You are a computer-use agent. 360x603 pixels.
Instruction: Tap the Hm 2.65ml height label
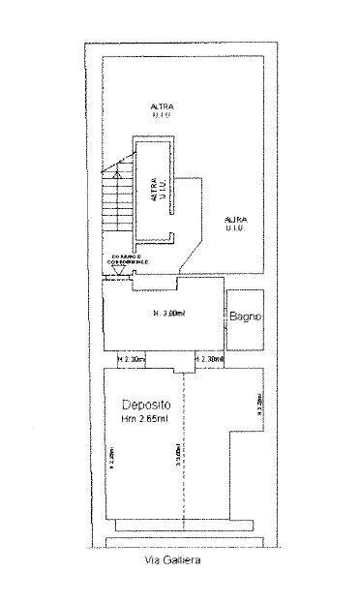145,419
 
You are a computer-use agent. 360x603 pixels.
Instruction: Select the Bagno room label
245,317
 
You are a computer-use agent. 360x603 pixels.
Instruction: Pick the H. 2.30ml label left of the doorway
130,360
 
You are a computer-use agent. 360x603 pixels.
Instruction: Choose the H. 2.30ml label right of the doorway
209,360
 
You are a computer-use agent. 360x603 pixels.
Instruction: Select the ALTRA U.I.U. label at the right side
235,224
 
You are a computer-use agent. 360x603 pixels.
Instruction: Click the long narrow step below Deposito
184,526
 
